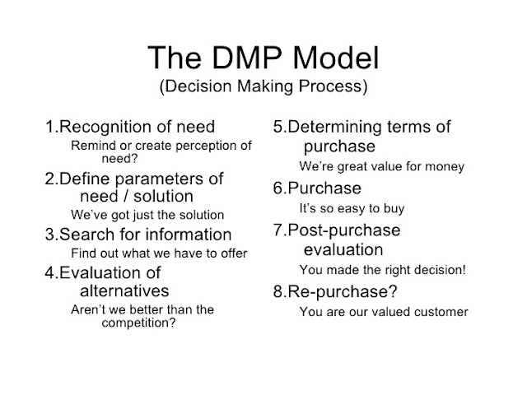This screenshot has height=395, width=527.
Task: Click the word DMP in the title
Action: tap(247, 58)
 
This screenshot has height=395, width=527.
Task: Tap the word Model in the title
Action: tap(336, 58)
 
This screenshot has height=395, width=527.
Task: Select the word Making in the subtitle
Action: tap(265, 86)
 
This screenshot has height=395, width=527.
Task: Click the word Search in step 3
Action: tap(86, 234)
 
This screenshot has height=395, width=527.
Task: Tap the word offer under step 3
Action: tap(234, 253)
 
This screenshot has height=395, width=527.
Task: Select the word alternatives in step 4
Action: tap(124, 290)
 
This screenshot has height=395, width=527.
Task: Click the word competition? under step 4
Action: tap(138, 323)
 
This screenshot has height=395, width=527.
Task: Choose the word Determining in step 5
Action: tap(335, 128)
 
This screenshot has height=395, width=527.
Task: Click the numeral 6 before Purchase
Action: tap(279, 188)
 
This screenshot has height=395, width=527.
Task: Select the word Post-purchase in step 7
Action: tap(344, 230)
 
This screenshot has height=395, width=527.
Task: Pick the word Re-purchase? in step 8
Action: tap(343, 292)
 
